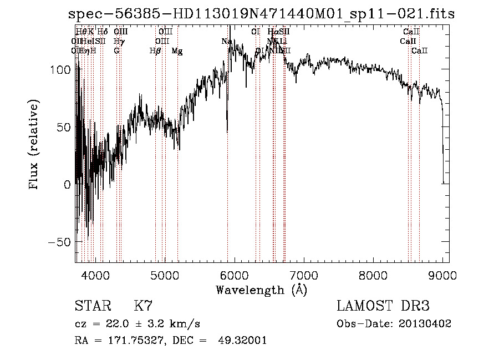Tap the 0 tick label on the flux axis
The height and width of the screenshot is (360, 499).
pos(67,185)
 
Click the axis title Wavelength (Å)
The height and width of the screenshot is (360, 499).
pos(261,290)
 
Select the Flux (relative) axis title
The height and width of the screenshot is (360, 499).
pos(34,145)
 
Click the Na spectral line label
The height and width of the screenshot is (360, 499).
pos(226,42)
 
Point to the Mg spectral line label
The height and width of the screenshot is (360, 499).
pos(177,51)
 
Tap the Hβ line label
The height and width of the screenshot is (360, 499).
pos(155,51)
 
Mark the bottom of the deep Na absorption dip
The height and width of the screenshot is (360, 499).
pos(227,131)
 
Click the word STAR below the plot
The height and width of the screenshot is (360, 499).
pos(91,306)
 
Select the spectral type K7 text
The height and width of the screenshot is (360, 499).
pos(143,306)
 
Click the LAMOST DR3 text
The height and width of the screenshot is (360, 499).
pos(383,306)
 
